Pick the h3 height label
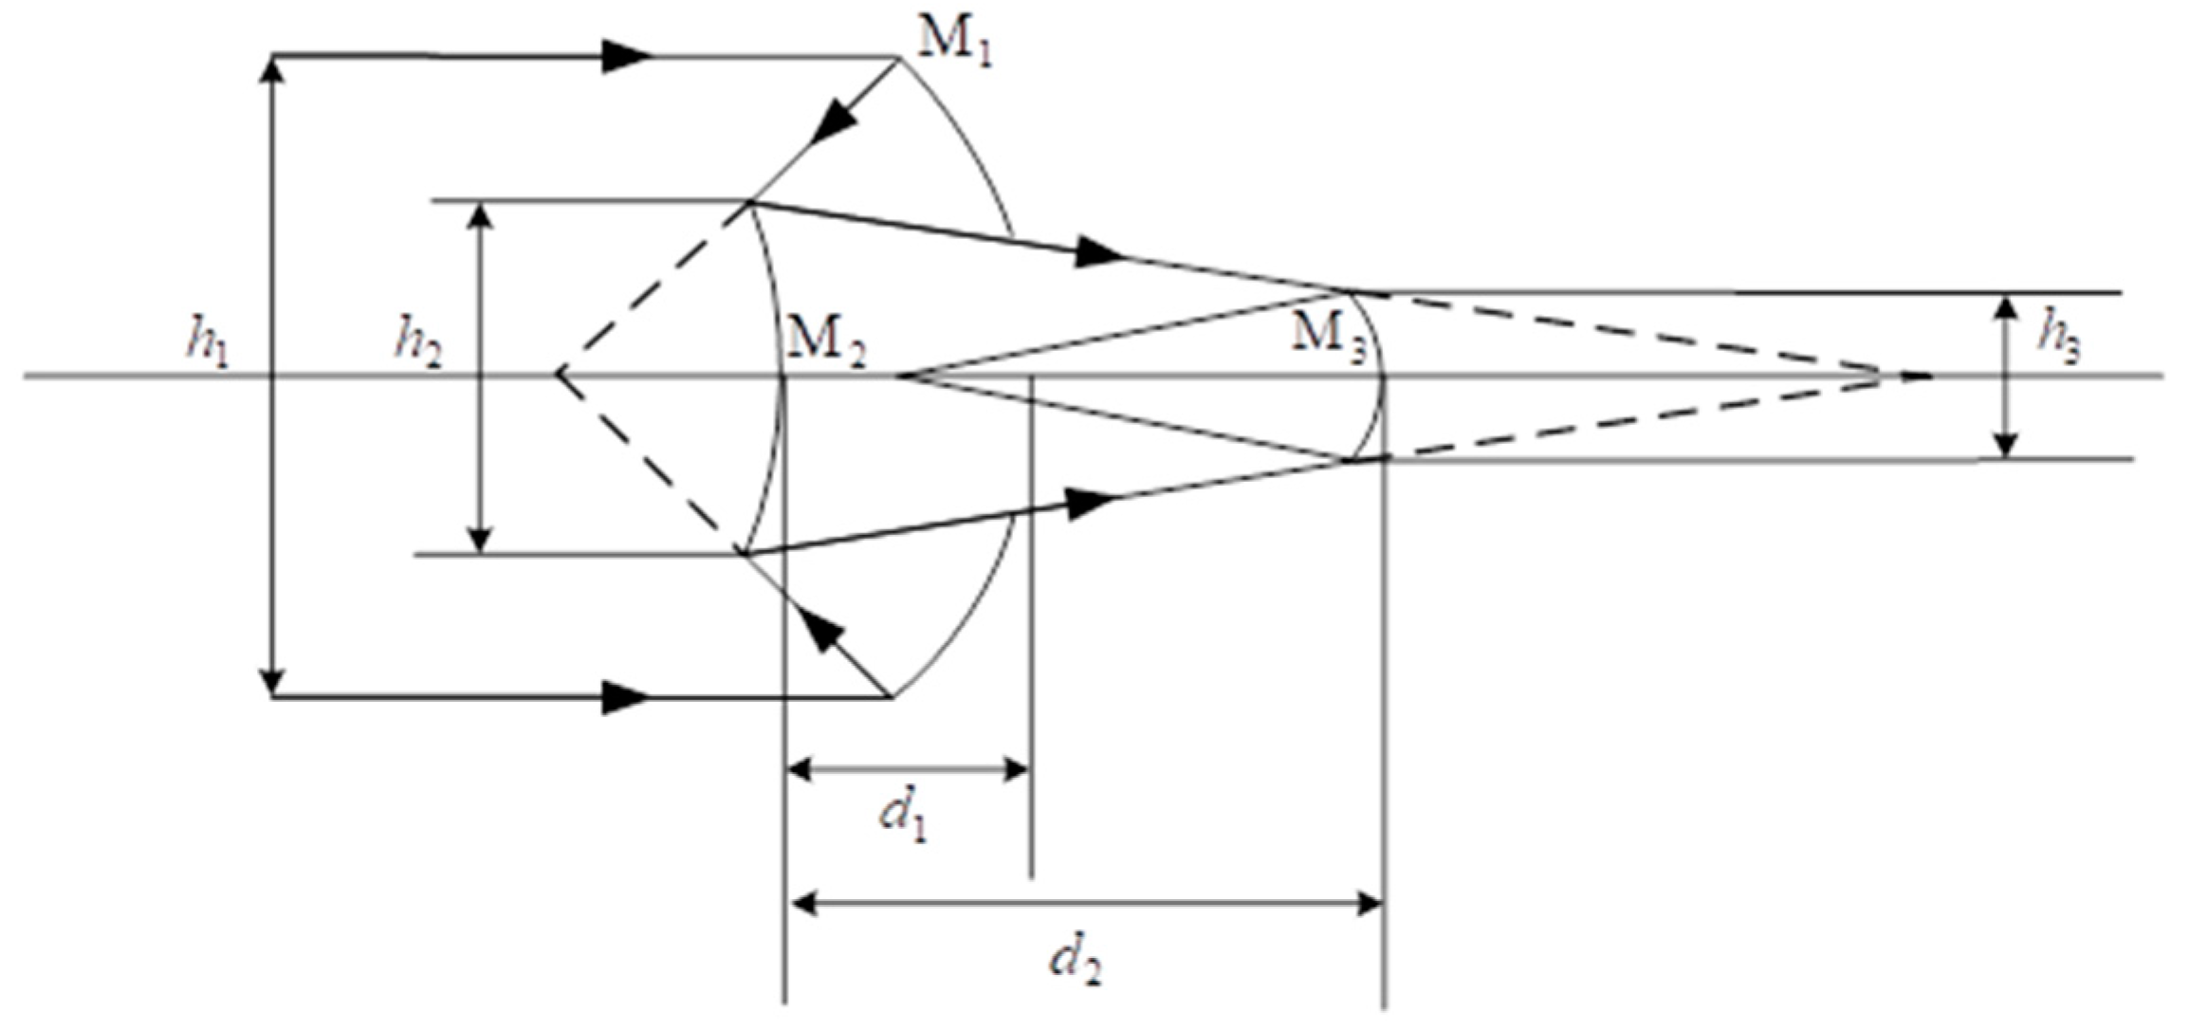tap(2059, 343)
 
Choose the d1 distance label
tap(904, 814)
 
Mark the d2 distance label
tap(1077, 962)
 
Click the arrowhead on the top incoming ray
tap(626, 56)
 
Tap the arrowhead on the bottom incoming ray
tap(626, 697)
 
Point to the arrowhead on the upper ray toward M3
tap(1100, 252)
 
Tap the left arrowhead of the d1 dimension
tap(799, 768)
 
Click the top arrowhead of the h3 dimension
tap(2005, 307)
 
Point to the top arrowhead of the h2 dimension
tap(482, 216)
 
